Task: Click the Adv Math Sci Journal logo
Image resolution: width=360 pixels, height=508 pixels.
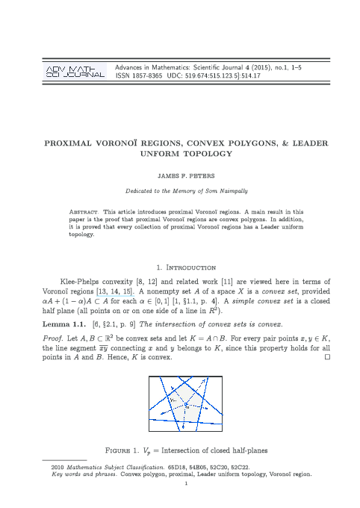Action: click(75, 72)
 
